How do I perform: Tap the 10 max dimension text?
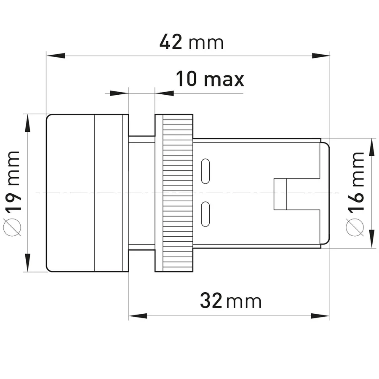(210, 79)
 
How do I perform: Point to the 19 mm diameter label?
(12, 193)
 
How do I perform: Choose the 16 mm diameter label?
(355, 194)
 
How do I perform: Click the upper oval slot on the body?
(206, 171)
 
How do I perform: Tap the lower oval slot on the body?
(206, 214)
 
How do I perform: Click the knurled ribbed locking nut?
(178, 193)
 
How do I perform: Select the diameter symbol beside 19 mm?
(12, 227)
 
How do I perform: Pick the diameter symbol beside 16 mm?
(355, 227)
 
